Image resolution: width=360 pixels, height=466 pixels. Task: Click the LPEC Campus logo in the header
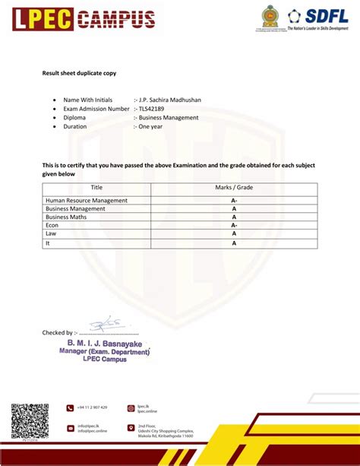tap(83, 19)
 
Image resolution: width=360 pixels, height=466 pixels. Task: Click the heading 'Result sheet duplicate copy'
tap(78, 74)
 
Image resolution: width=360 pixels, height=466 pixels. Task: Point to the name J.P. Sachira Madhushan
tap(169, 100)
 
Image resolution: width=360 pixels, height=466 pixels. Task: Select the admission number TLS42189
tap(153, 109)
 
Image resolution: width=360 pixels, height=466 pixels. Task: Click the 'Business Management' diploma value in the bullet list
tap(168, 118)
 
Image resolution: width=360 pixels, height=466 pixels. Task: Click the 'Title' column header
tap(96, 187)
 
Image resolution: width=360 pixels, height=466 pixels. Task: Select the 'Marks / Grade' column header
tap(234, 187)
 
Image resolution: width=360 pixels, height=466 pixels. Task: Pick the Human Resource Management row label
tap(87, 201)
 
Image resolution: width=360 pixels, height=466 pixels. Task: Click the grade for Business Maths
tap(234, 217)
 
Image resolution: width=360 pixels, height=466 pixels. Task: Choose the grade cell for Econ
tap(234, 226)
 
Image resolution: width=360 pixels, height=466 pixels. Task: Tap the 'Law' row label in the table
tap(51, 234)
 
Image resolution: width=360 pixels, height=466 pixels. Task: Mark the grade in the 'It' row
tap(234, 243)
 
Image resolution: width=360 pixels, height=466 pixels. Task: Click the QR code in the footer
tap(30, 420)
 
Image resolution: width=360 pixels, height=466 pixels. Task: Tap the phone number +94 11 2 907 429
tap(92, 407)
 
